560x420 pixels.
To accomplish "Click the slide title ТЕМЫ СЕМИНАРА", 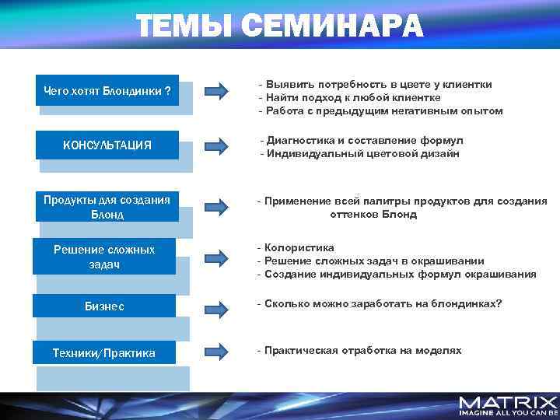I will (x=280, y=26).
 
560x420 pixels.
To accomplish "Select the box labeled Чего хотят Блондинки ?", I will (x=107, y=91).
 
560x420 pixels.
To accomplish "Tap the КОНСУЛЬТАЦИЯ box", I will (x=107, y=145).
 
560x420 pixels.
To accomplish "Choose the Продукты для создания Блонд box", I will (x=107, y=206).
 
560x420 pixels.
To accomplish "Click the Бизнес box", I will (x=104, y=306).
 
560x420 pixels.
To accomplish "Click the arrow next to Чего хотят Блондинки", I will (x=215, y=92).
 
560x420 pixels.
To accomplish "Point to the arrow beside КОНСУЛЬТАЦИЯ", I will (x=215, y=146).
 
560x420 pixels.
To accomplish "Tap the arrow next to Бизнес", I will (x=215, y=306).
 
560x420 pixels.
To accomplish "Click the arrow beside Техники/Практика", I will (x=215, y=352).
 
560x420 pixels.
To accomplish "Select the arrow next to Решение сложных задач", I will (x=215, y=258).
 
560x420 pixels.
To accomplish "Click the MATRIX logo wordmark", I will (x=508, y=402).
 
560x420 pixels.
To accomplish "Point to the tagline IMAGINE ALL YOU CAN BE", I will (x=508, y=414).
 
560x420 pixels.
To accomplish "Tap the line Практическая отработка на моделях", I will (x=362, y=350).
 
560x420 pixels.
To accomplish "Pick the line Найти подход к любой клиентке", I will (x=352, y=97).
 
